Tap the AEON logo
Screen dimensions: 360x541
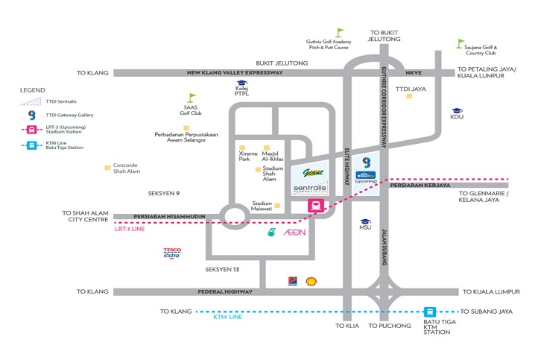pos(294,233)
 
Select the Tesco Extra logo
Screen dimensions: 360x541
pos(173,254)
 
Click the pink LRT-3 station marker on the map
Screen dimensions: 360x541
pos(317,206)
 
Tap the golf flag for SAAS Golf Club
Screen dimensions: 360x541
pos(192,98)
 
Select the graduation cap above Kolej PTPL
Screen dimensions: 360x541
pos(241,83)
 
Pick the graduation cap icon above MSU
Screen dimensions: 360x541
pos(364,222)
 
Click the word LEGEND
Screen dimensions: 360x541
pos(32,89)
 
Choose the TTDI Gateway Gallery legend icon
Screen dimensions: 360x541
pos(31,116)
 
